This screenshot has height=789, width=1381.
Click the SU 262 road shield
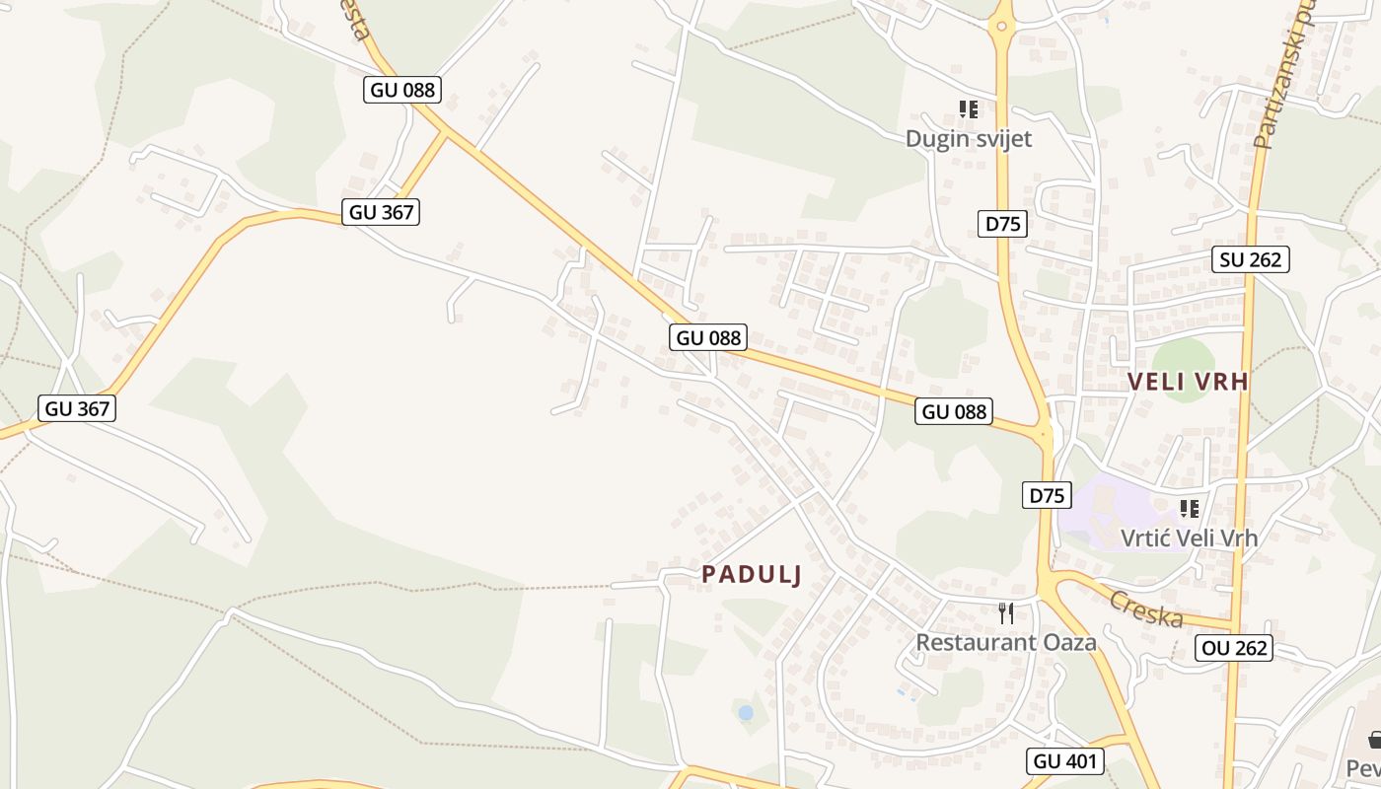pos(1251,259)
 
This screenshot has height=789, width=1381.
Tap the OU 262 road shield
pos(1234,648)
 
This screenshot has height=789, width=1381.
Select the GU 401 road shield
pos(1064,760)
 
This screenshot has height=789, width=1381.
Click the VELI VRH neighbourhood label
pos(1188,382)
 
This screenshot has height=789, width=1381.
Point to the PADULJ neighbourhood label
pos(752,575)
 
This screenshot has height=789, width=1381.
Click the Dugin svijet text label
pos(968,139)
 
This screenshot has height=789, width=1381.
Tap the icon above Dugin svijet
pos(969,109)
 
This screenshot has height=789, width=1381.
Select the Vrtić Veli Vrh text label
pos(1189,538)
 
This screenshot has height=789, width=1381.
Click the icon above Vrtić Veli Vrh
pos(1190,509)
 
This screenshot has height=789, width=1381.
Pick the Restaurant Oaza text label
pos(1005,642)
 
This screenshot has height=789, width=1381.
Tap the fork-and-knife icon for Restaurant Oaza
pos(1006,613)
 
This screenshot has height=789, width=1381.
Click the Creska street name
pos(1145,609)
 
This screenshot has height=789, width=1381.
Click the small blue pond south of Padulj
pos(746,711)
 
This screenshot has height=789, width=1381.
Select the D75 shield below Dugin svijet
pos(1003,224)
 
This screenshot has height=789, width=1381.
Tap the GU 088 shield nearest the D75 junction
pos(953,411)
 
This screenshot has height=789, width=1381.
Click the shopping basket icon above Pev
pos(1374,739)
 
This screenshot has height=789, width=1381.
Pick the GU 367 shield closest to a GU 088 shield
pos(381,211)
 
